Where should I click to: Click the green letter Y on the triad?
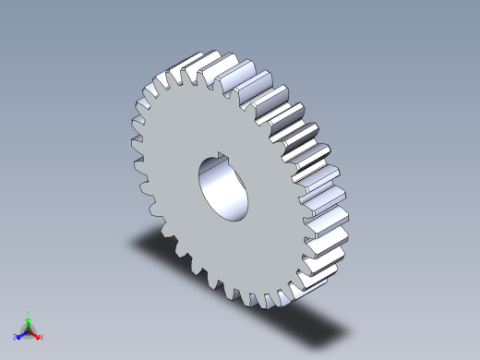click(x=29, y=313)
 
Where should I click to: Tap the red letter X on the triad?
click(x=42, y=337)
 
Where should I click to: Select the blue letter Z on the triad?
click(x=16, y=338)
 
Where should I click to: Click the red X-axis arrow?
click(x=35, y=333)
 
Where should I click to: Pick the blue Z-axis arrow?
click(x=22, y=333)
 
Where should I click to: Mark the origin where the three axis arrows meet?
click(x=29, y=330)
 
